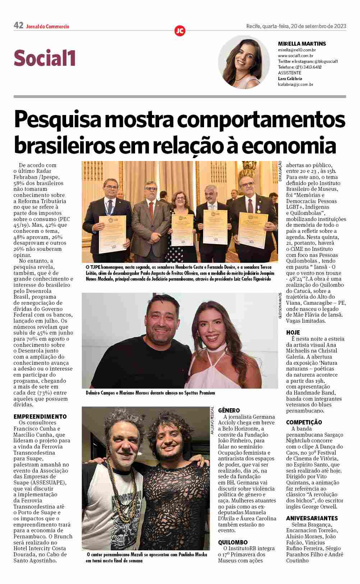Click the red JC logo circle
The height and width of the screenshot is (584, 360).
[180, 31]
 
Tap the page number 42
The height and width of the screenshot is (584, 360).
[18, 26]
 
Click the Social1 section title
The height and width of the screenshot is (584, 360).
[45, 58]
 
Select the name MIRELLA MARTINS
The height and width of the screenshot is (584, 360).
[302, 44]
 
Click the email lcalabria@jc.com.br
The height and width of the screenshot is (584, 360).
[295, 84]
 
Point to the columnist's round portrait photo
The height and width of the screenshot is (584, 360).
[244, 62]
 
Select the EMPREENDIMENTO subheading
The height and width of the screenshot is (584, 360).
[40, 417]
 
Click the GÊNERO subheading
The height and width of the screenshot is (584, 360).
[229, 410]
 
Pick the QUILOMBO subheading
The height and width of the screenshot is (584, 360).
[233, 542]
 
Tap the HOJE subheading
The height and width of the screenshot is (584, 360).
[293, 332]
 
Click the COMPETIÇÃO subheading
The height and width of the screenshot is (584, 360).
[304, 422]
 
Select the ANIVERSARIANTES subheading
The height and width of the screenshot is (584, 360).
[312, 518]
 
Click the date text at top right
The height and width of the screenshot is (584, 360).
[296, 26]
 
